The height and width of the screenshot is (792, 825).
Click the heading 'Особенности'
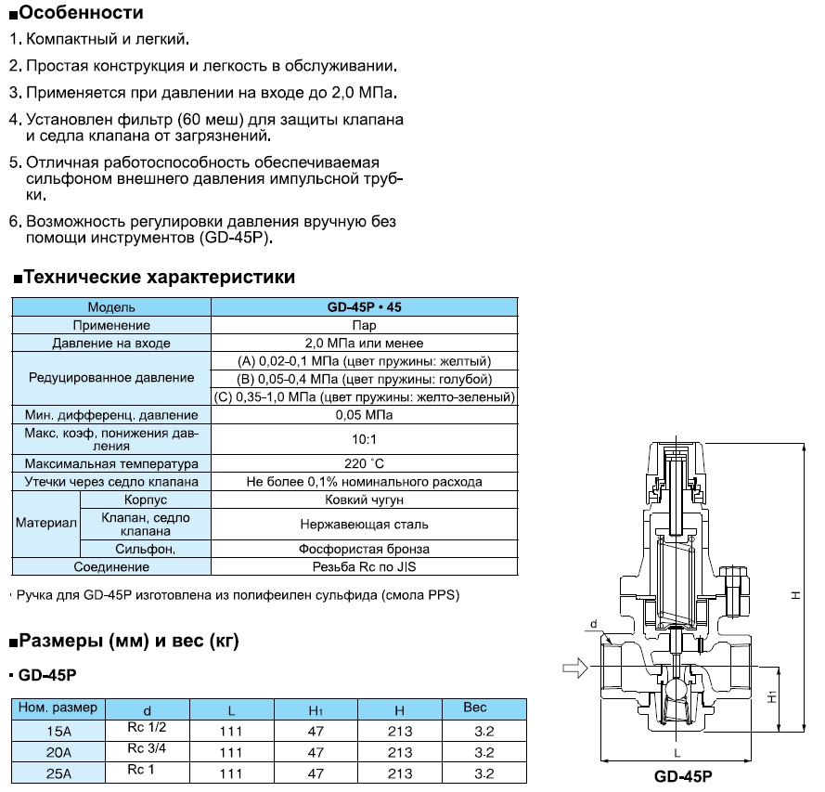(x=81, y=14)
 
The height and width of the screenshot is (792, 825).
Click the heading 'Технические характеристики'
(x=158, y=277)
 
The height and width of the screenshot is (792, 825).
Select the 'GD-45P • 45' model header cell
(x=364, y=307)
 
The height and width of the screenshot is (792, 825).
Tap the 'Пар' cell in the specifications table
(x=364, y=325)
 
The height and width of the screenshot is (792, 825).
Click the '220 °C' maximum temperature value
(x=364, y=463)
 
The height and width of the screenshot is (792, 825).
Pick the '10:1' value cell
(x=364, y=438)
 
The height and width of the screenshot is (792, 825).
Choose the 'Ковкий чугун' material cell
(x=364, y=500)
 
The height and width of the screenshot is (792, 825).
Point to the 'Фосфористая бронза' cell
(x=364, y=549)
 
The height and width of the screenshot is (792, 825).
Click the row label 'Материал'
(x=45, y=524)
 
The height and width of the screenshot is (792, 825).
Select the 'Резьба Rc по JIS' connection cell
(x=364, y=566)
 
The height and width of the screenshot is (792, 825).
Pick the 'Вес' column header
(x=475, y=708)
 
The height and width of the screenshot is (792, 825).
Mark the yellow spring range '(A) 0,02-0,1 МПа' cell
(x=364, y=361)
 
